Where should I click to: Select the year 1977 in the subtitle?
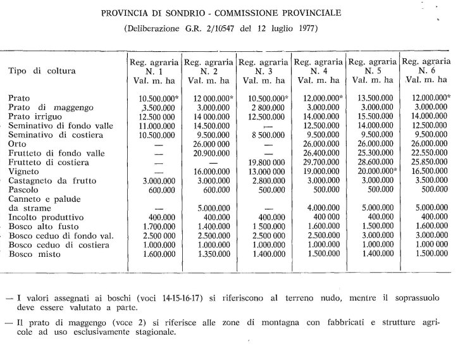(x=305, y=28)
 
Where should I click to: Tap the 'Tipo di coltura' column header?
(x=41, y=71)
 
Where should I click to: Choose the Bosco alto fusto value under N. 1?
(x=150, y=227)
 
